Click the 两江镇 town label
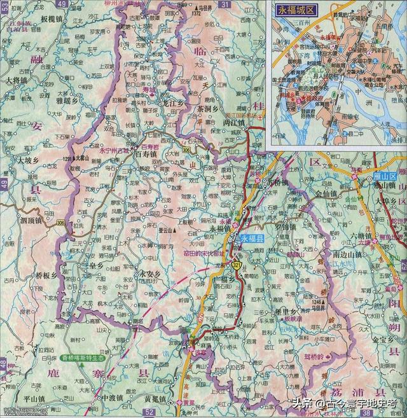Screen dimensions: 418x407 (x=235, y=123)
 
